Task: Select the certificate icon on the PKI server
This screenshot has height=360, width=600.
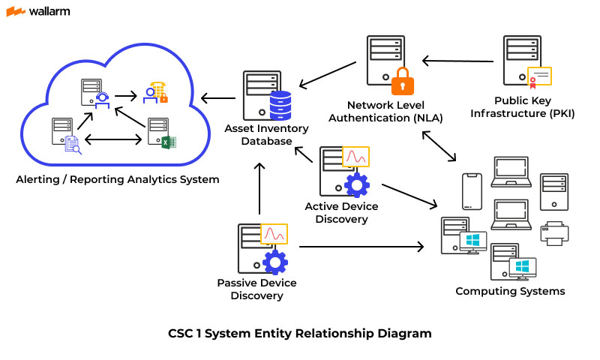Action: [539, 77]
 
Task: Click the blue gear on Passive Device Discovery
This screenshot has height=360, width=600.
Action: [275, 261]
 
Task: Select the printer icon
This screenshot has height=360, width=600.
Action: [555, 233]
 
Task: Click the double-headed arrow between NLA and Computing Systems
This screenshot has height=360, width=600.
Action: [439, 146]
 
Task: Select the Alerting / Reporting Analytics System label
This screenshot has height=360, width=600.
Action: [118, 179]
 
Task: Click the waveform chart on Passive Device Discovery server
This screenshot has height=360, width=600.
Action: [274, 233]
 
